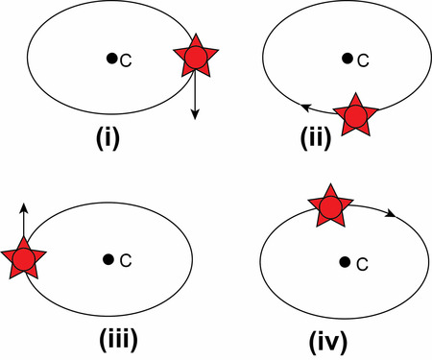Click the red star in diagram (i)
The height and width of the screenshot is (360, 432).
click(195, 59)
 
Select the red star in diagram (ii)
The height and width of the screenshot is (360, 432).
click(357, 116)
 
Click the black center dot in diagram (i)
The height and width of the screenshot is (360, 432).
click(112, 59)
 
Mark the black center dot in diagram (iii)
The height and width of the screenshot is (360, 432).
click(108, 258)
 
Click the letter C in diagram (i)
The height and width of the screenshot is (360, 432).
click(126, 61)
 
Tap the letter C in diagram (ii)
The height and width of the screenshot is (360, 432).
click(363, 61)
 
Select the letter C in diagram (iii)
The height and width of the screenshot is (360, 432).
click(123, 261)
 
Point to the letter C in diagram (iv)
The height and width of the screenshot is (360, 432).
click(360, 264)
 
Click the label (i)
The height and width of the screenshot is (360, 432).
click(113, 136)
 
